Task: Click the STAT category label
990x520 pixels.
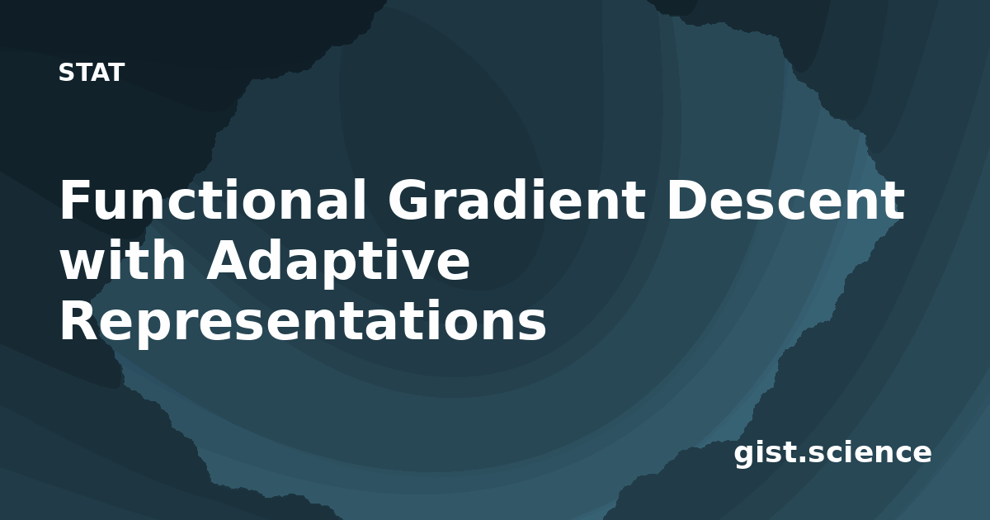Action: pyautogui.click(x=92, y=73)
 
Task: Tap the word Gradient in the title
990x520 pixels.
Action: pyautogui.click(x=516, y=200)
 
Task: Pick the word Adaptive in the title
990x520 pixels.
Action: pyautogui.click(x=338, y=263)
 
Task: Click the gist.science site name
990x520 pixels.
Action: pyautogui.click(x=832, y=453)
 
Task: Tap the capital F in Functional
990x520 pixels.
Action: pyautogui.click(x=75, y=200)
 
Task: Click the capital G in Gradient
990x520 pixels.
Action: pyautogui.click(x=408, y=200)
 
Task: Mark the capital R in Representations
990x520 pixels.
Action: pyautogui.click(x=79, y=320)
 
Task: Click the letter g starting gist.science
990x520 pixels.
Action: pyautogui.click(x=744, y=456)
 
